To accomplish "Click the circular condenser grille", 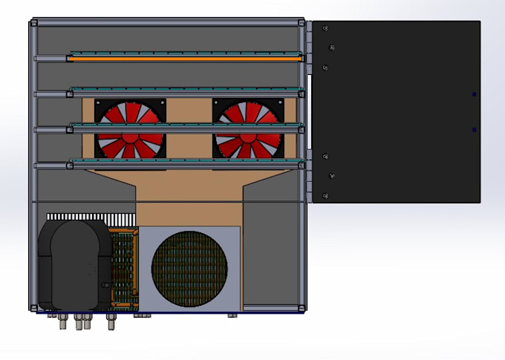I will (x=189, y=269).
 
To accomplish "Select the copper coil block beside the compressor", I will (x=124, y=267).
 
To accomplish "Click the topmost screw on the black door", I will (x=326, y=29).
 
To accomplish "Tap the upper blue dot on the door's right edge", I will (x=475, y=94).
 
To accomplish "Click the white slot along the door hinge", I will (x=309, y=111).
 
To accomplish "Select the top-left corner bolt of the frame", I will (x=33, y=23).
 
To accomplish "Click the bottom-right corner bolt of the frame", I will (x=301, y=307).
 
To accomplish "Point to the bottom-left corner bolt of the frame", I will (x=33, y=307).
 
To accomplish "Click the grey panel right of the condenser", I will (x=271, y=252).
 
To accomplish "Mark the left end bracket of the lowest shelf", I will (x=37, y=166).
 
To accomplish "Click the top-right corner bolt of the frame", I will (x=301, y=23).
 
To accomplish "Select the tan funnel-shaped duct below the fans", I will (x=189, y=189).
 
